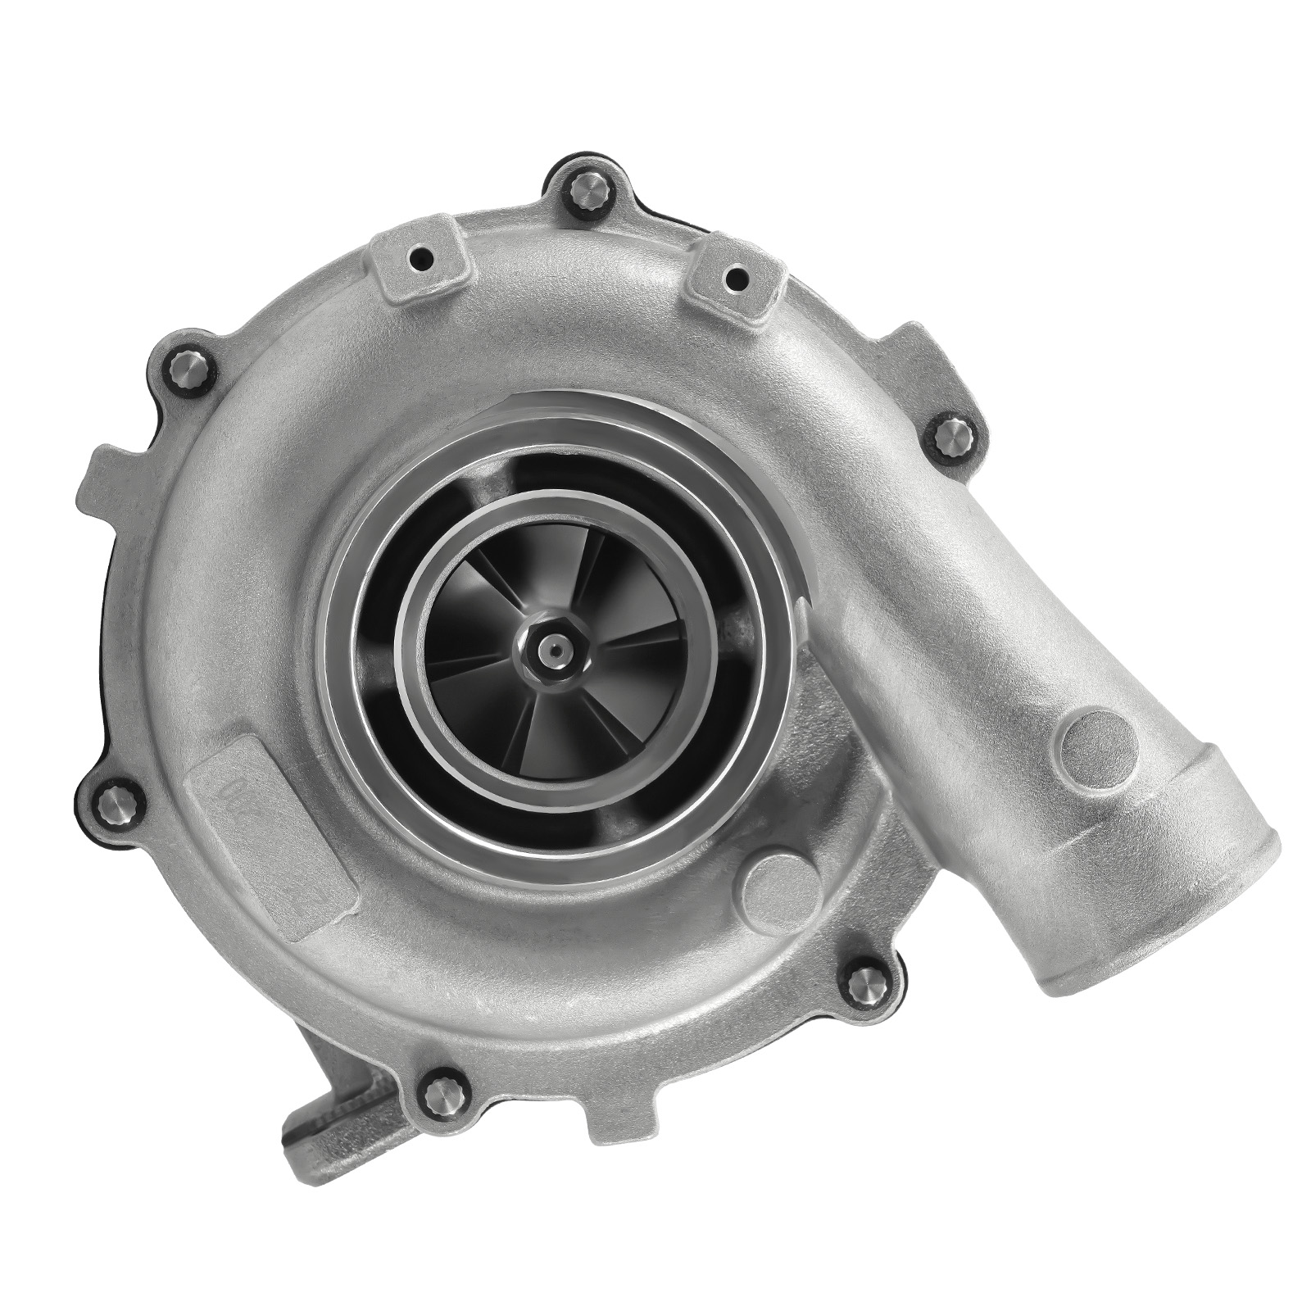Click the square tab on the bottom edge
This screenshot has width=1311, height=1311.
pos(623,1110)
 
